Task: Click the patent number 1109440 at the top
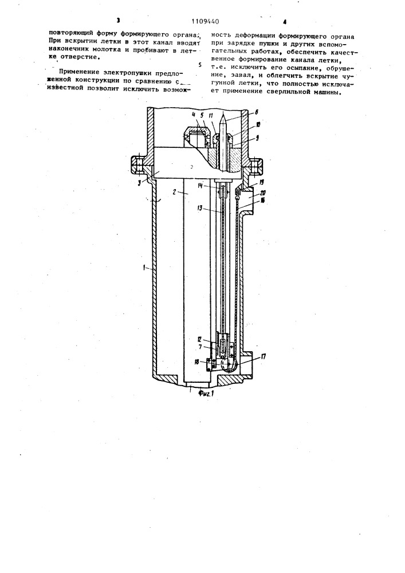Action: point(206,22)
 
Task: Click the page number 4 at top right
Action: point(285,22)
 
